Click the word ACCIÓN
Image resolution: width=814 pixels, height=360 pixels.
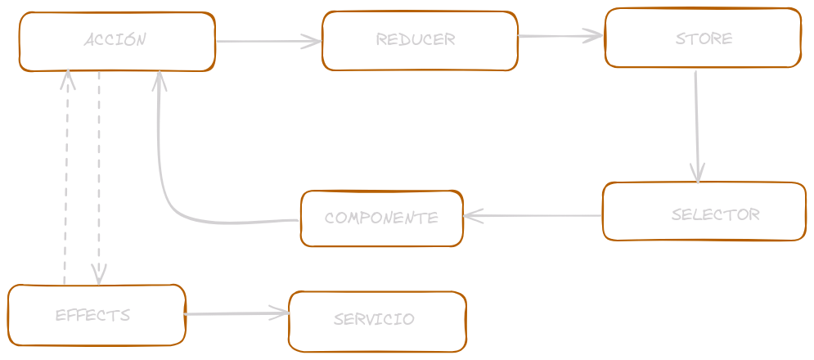tap(115, 39)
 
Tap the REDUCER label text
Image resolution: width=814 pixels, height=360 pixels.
tap(416, 39)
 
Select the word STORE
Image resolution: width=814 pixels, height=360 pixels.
tap(704, 38)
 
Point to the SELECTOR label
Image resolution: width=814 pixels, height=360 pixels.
tap(716, 214)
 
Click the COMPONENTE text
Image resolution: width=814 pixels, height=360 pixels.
tap(381, 218)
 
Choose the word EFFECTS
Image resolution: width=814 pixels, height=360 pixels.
tap(92, 315)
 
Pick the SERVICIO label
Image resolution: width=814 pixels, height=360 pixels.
tap(374, 319)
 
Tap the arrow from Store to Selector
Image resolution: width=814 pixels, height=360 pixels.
tap(696, 123)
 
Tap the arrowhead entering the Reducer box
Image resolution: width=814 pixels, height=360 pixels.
tap(313, 41)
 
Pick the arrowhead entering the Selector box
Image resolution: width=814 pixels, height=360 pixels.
tap(697, 173)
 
